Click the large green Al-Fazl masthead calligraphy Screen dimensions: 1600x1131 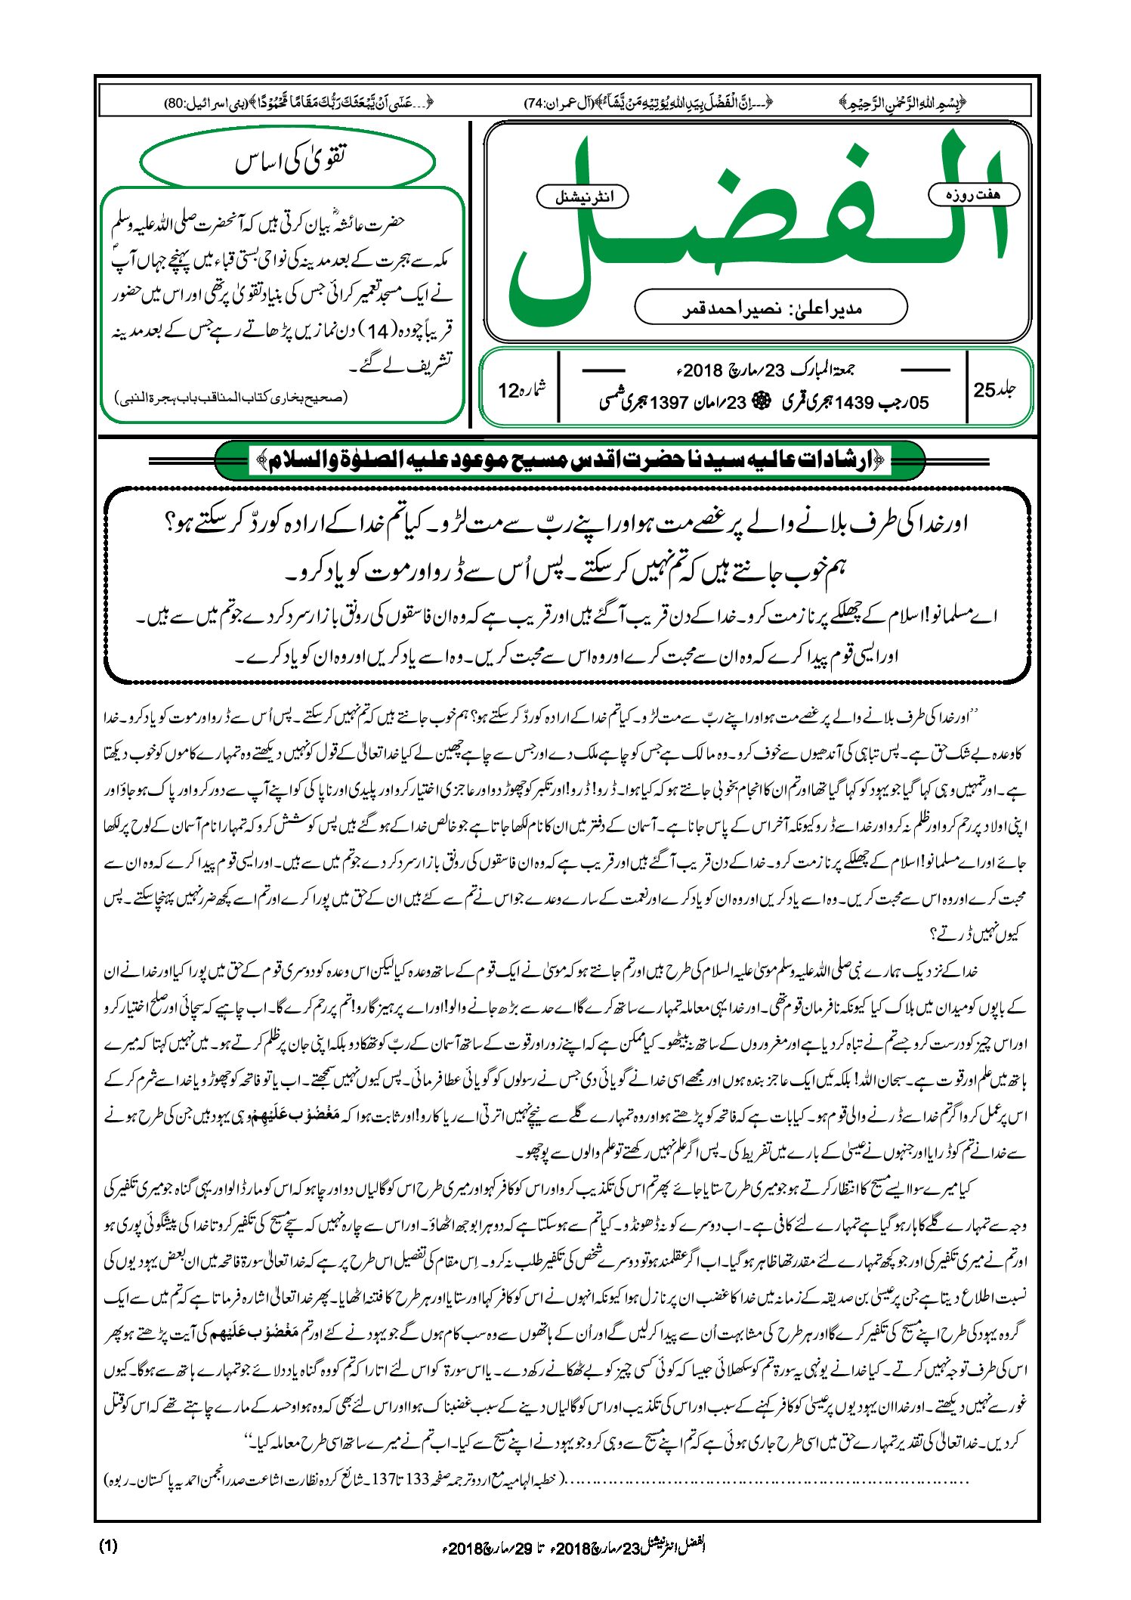(756, 227)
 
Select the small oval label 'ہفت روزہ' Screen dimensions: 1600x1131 (974, 194)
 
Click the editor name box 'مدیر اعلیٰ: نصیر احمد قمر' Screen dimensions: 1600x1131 (771, 308)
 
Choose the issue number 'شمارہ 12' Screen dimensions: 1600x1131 (521, 389)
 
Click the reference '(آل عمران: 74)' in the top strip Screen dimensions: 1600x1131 (558, 102)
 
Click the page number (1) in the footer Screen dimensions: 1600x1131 (108, 1545)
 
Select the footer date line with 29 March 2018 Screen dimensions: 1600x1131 (574, 1546)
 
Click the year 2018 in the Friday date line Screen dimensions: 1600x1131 (704, 370)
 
